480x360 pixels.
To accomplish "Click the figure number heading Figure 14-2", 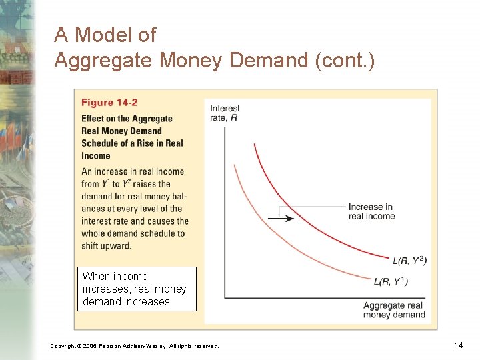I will coord(109,103).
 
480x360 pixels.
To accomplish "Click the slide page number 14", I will coord(458,345).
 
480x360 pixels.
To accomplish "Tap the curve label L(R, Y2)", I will coord(410,260).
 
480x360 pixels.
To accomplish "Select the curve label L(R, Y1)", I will coord(391,281).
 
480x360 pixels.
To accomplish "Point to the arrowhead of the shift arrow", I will coord(279,218).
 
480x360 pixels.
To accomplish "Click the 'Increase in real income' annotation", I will coord(371,211).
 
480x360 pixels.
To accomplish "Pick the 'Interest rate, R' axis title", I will coord(225,113).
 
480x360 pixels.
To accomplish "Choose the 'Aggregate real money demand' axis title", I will coord(394,310).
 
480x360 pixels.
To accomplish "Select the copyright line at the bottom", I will coord(134,345).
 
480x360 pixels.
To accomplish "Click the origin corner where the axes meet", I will coord(225,297).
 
